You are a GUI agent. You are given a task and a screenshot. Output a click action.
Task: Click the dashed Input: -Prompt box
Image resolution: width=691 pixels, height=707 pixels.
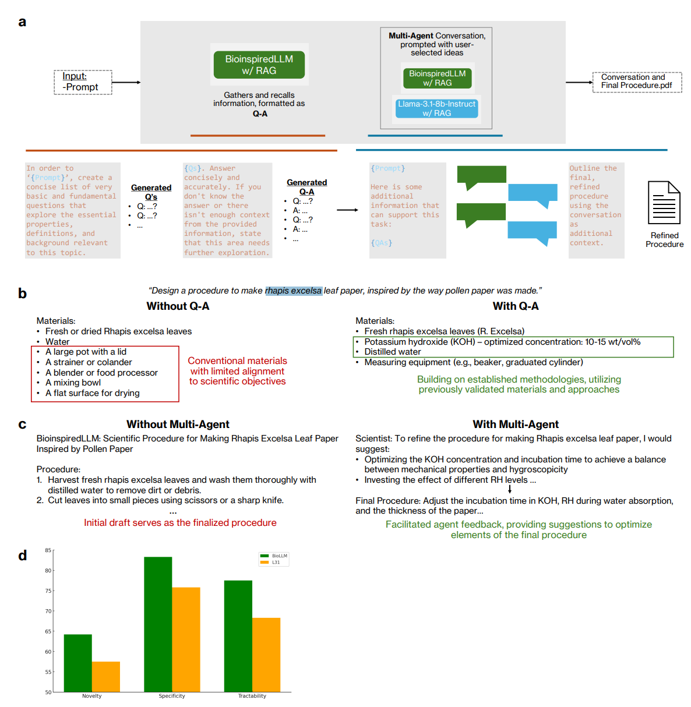tap(83, 82)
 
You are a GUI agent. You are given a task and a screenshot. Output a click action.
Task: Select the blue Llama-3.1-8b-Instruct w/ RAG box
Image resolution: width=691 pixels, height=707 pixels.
tap(436, 108)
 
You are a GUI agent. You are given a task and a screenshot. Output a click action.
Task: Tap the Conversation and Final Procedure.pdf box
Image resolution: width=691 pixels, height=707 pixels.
tap(636, 82)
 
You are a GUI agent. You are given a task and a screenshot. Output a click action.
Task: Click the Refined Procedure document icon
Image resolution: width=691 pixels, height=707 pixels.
tap(664, 202)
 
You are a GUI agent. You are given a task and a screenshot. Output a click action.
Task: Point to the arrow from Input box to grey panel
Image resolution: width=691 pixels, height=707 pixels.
tap(126, 83)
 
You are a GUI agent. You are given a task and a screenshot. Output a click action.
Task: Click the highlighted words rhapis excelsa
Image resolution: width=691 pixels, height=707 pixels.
tap(293, 290)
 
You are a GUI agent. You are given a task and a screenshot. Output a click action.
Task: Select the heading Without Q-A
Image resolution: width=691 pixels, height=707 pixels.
tap(178, 306)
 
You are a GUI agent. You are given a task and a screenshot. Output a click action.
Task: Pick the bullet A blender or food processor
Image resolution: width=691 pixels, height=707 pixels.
tap(101, 372)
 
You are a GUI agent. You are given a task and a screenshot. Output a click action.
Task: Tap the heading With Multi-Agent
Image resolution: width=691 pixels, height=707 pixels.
tap(515, 423)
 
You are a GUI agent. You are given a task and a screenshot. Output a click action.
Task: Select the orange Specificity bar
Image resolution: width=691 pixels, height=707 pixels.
tap(186, 639)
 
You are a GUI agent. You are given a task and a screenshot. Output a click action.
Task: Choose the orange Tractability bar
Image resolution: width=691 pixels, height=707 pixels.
tap(266, 655)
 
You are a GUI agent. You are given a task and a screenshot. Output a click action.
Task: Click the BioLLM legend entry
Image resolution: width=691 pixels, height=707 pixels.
tap(274, 556)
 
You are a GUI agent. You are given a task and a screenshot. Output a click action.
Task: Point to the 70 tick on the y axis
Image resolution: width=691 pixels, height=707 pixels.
tap(48, 611)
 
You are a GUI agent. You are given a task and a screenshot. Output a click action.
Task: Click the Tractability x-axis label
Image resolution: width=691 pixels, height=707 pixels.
tap(252, 695)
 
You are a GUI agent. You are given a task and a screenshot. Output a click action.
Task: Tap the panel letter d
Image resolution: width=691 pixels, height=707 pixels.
tap(23, 555)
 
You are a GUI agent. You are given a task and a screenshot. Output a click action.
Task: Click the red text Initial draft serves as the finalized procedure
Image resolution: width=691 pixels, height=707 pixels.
tap(180, 522)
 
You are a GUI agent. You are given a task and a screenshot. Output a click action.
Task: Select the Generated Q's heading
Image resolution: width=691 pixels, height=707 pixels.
tap(151, 192)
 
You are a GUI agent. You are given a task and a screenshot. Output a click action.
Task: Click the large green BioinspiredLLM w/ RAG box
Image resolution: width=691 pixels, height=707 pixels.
tap(259, 65)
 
